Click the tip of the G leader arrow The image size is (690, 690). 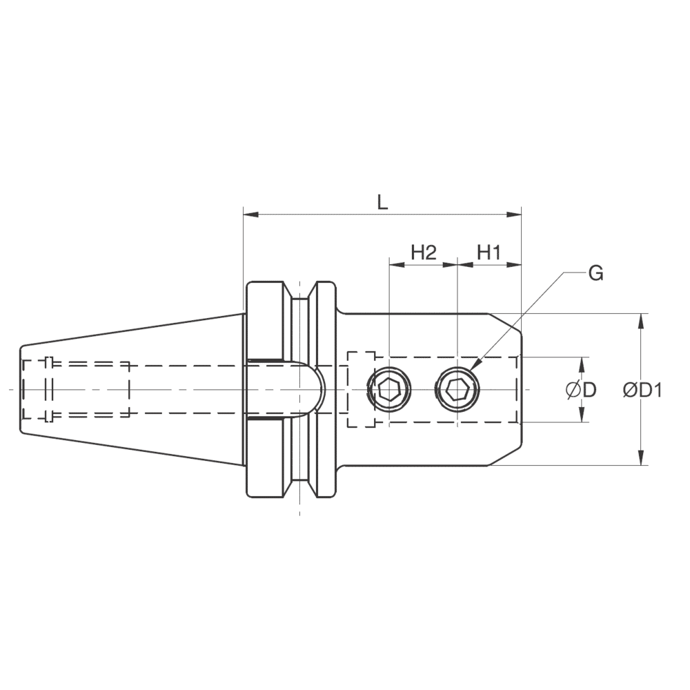tap(469, 371)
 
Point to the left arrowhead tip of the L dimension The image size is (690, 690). tap(244, 215)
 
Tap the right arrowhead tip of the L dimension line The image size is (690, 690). tap(522, 215)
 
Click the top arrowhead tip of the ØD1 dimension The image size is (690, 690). tap(641, 313)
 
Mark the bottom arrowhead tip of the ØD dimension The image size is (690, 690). tap(582, 422)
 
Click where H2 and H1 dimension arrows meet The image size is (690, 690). tap(457, 265)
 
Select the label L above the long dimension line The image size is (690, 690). tap(382, 202)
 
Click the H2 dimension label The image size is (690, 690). tap(424, 253)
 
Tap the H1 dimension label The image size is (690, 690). tap(489, 253)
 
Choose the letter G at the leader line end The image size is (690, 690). tap(596, 274)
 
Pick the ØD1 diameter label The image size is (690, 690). tap(642, 390)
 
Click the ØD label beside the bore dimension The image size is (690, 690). tap(581, 390)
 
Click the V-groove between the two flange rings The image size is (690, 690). tap(299, 389)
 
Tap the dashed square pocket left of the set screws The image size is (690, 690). tap(361, 389)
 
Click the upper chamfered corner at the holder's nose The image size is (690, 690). tap(505, 323)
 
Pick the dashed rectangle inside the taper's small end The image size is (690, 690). tap(76, 389)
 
